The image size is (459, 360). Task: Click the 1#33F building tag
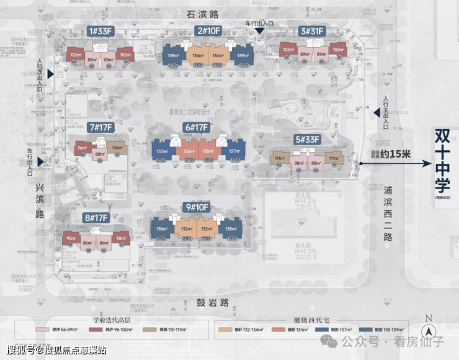[100, 31]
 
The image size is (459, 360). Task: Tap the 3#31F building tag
[313, 31]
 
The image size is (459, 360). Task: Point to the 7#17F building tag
[100, 128]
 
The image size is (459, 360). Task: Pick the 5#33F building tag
[308, 140]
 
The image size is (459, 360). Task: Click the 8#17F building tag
[96, 217]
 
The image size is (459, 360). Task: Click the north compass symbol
[429, 331]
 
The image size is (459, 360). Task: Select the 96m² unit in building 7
[82, 149]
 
